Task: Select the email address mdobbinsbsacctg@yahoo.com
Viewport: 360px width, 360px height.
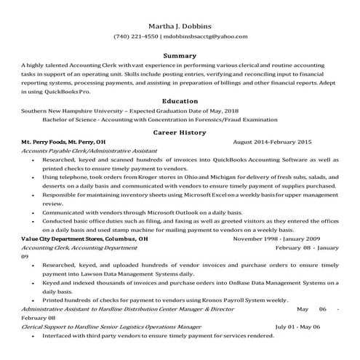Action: pyautogui.click(x=206, y=36)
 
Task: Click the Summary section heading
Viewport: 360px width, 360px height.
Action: pyautogui.click(x=180, y=55)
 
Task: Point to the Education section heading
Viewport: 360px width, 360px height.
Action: pyautogui.click(x=180, y=101)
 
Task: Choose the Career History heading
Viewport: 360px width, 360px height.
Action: pyautogui.click(x=180, y=132)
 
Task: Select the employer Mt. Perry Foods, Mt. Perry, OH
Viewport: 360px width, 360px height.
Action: pyautogui.click(x=63, y=142)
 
